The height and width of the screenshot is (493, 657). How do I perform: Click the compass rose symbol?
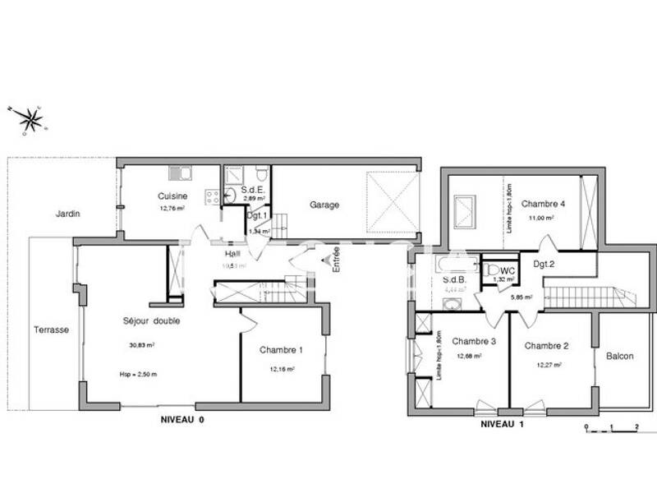[x=31, y=120]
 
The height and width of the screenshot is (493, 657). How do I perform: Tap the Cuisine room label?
[x=173, y=196]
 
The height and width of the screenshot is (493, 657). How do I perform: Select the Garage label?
[x=324, y=205]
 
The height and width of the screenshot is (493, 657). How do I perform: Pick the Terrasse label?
[x=51, y=329]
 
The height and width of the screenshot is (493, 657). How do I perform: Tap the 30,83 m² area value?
[x=142, y=345]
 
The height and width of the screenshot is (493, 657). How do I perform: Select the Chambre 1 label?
[x=282, y=350]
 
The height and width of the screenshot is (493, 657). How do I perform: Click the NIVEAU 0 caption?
[x=182, y=419]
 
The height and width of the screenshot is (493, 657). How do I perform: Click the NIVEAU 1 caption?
[x=503, y=425]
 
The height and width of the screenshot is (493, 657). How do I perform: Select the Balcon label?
[x=620, y=356]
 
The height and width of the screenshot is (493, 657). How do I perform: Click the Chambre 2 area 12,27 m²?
[x=548, y=365]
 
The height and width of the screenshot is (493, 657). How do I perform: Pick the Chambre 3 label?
[x=474, y=341]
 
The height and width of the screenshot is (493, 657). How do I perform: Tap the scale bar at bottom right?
[x=611, y=428]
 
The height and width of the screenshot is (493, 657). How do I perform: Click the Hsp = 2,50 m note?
[x=137, y=374]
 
